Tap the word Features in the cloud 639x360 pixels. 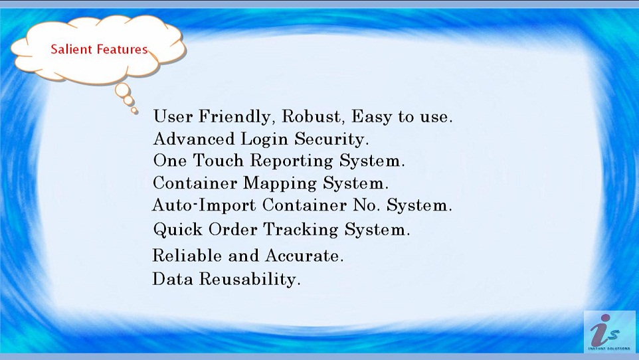coord(122,49)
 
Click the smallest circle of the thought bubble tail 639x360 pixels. coord(134,110)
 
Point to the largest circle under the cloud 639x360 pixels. coord(123,90)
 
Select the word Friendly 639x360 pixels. coord(234,117)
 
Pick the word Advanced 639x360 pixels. coord(194,139)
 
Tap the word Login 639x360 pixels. coord(264,139)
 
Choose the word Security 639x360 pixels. coord(331,139)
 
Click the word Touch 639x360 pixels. coord(218,160)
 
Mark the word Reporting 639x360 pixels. coord(292,161)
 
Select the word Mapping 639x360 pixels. coord(280,183)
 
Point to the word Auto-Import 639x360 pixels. coord(204,205)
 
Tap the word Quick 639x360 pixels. coord(177,230)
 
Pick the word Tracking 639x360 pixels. coord(301,230)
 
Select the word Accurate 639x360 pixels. coord(304,256)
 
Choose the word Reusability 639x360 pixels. coord(250,279)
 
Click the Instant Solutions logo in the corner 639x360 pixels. coord(609,332)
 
